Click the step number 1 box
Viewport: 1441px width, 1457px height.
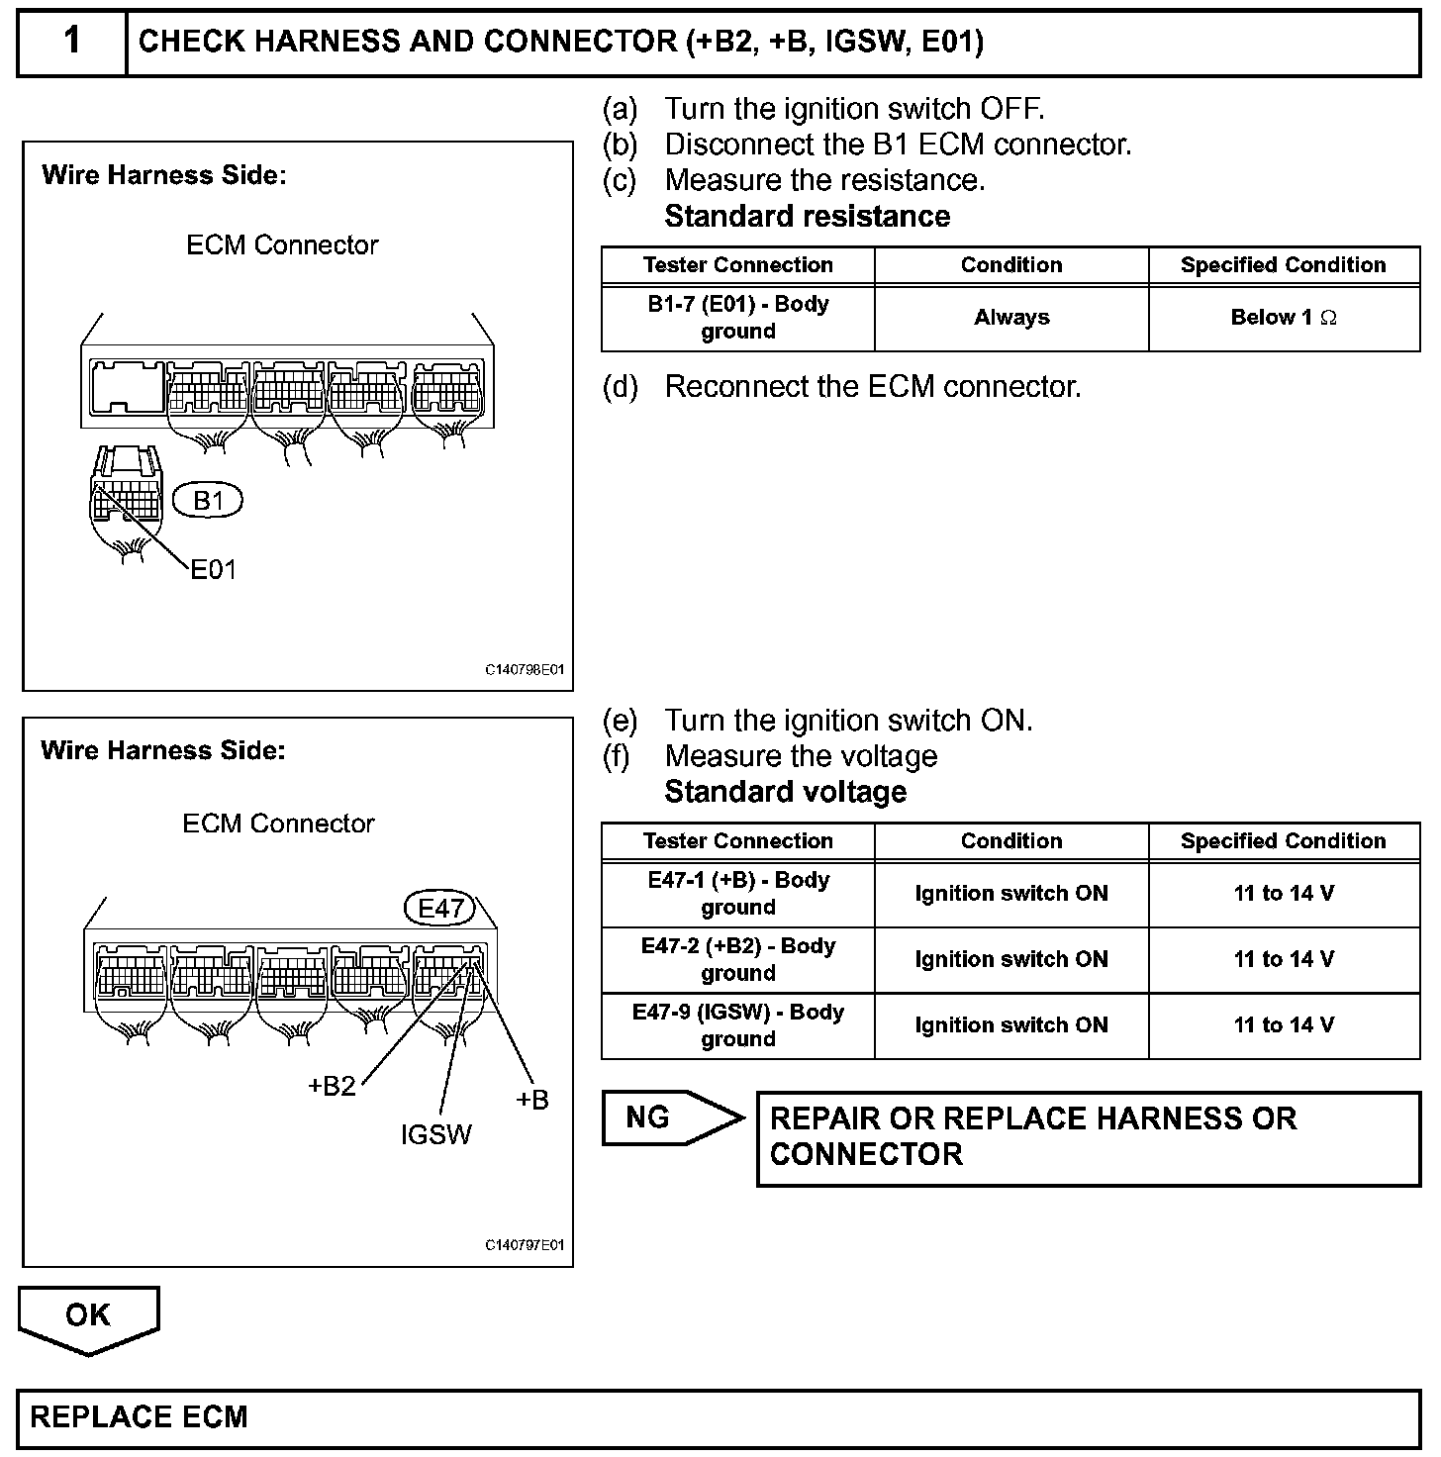pos(72,42)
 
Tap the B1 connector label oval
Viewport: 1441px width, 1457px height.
pos(208,501)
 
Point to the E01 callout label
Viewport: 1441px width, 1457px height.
pos(214,570)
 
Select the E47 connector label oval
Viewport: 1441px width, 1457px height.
pos(440,909)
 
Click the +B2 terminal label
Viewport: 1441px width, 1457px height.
pos(332,1086)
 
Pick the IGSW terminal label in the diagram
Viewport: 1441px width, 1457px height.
pos(436,1134)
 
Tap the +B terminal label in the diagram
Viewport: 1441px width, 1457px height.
pos(532,1100)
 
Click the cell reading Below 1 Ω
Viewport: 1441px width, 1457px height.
pos(1284,318)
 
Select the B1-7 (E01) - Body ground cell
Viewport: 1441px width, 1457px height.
pos(738,318)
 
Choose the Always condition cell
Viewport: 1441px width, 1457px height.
pos(1011,318)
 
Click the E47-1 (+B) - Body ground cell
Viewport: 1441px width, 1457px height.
pos(738,894)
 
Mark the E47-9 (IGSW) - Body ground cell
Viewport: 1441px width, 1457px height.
pos(738,1025)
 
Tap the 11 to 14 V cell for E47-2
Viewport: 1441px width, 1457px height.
pos(1284,959)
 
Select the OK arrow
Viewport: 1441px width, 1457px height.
pos(88,1318)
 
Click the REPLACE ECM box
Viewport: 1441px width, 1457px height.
pos(719,1417)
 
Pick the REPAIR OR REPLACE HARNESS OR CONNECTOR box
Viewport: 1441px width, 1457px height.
pos(1088,1137)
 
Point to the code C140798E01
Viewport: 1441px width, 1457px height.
pos(525,670)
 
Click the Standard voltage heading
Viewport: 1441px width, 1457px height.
pos(786,792)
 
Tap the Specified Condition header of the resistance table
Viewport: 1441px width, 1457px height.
pos(1284,265)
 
